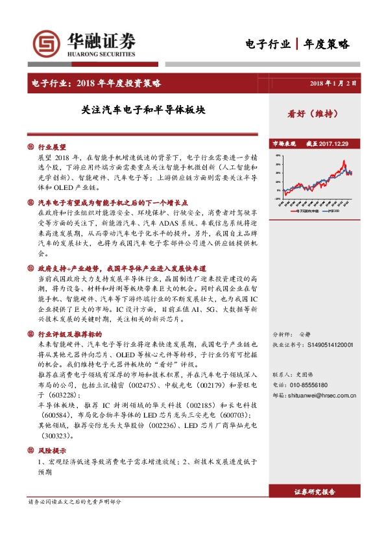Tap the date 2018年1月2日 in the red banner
pos(333,84)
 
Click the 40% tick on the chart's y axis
pos(277,156)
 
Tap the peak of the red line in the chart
pos(344,161)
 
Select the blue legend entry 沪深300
pos(337,211)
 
